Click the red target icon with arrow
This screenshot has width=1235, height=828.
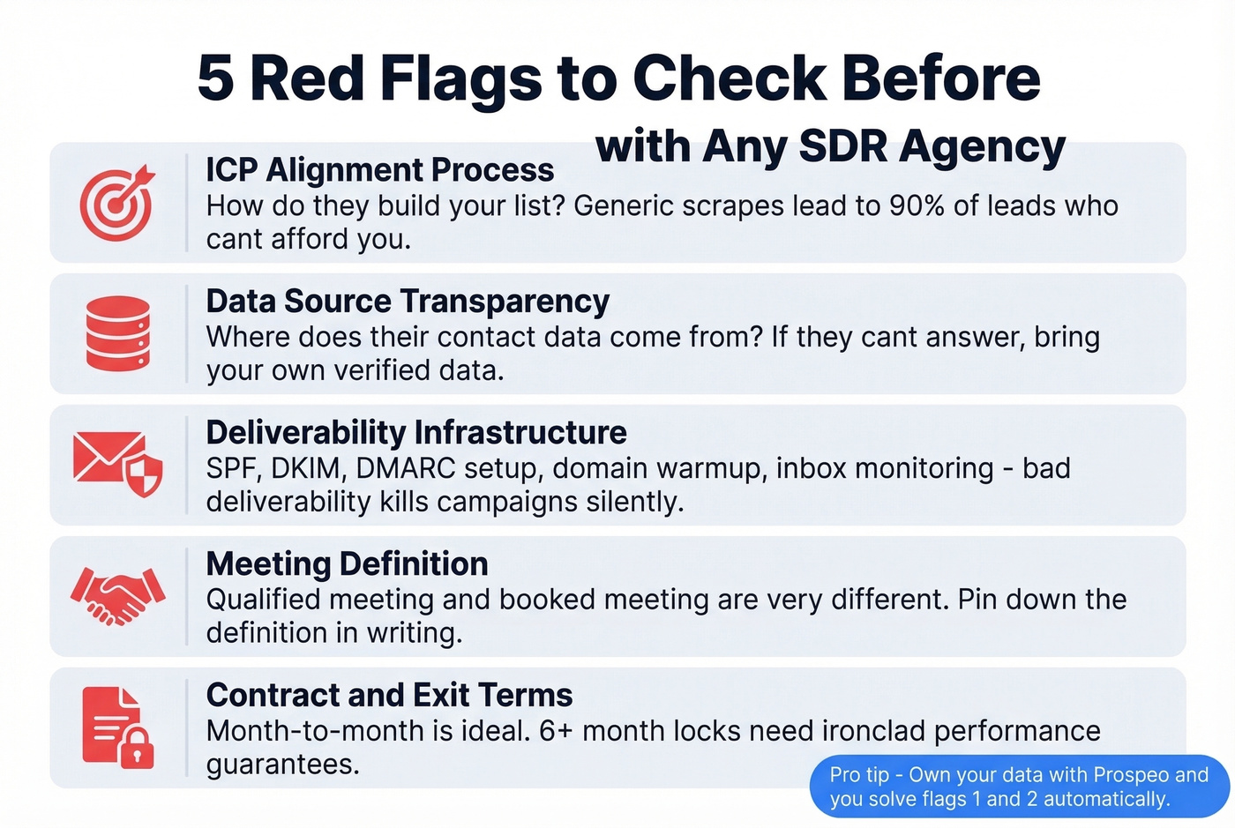[116, 203]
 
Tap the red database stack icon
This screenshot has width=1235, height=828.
[118, 333]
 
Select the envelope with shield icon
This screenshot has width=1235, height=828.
[118, 463]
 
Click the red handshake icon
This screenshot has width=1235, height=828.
[118, 596]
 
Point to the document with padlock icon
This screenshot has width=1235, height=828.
[118, 727]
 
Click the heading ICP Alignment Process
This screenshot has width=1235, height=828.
[379, 169]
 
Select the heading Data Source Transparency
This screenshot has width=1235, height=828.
[408, 302]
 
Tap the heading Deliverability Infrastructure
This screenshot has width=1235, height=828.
[416, 433]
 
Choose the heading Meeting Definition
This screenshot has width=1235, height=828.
[347, 564]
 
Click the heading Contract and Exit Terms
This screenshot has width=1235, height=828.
[389, 696]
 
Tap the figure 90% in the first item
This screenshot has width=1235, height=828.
[917, 205]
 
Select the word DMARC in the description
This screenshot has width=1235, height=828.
[405, 468]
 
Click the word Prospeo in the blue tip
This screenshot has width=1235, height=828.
[1130, 775]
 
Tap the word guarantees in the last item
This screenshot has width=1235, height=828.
[282, 765]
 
